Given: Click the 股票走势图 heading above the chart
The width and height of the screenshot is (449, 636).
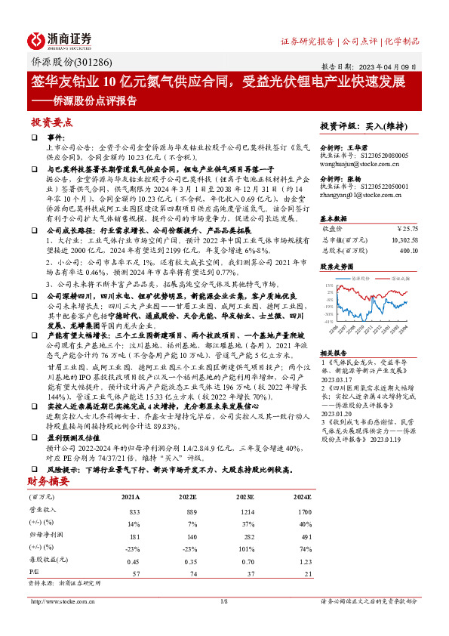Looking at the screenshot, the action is point(337,267).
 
